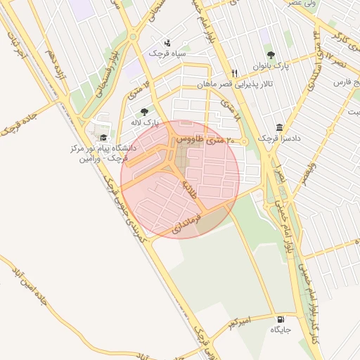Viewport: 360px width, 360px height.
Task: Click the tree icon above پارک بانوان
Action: click(271, 55)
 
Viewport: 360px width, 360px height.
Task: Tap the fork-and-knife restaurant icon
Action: click(235, 72)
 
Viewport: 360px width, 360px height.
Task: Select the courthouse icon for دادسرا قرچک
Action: click(280, 128)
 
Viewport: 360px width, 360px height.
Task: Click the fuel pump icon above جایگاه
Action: click(280, 318)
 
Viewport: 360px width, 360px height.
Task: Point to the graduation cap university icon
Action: click(104, 138)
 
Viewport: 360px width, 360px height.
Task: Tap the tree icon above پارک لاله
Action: click(144, 112)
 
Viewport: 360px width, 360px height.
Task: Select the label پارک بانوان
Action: click(271, 67)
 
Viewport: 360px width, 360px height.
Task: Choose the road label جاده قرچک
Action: click(15, 124)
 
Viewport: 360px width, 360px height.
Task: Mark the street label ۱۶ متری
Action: click(138, 91)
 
